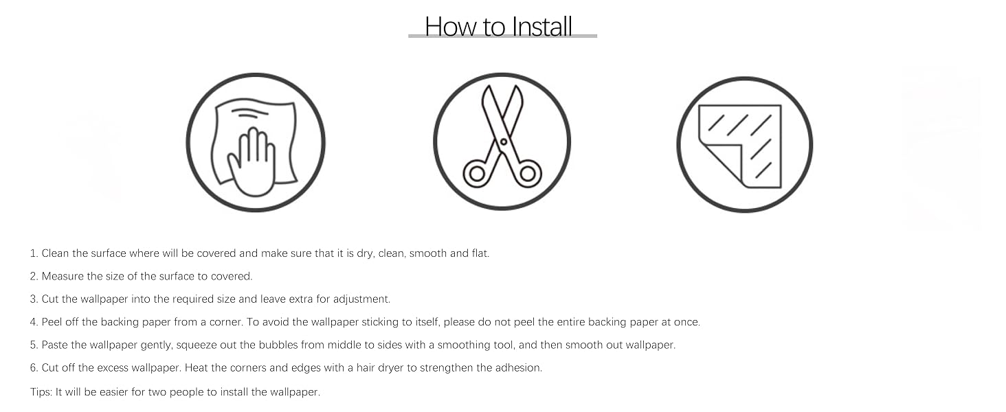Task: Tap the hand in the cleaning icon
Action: pos(252,164)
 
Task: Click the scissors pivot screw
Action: pos(504,142)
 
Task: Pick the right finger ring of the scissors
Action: pos(528,174)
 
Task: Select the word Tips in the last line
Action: pos(41,392)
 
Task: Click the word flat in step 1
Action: pos(480,253)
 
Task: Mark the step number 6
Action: pos(34,368)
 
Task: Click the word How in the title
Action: pos(451,27)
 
